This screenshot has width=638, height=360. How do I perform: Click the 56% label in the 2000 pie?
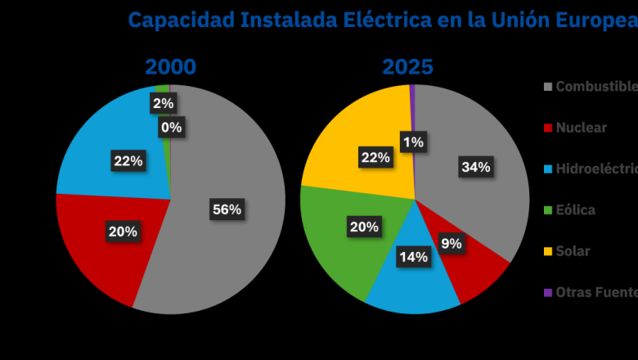coord(227,209)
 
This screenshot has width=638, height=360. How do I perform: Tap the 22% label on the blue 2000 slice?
coord(128,161)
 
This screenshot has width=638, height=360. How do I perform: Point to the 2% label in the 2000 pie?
coord(163,103)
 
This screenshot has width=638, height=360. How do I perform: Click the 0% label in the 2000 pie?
coord(172,128)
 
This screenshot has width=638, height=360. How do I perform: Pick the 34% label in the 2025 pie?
coord(476,167)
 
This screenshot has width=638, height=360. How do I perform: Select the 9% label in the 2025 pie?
coord(451,243)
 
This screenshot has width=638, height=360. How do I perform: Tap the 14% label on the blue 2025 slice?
coord(414,257)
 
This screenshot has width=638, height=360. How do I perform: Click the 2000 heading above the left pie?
coord(171,67)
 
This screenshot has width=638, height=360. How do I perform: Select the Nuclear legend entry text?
coord(581,128)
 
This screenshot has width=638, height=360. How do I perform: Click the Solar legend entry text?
coord(573,251)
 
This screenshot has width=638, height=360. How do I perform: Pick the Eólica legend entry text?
coord(576,210)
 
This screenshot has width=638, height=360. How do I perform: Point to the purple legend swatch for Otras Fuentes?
coord(548,293)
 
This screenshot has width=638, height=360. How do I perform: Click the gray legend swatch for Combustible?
coord(548,87)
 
